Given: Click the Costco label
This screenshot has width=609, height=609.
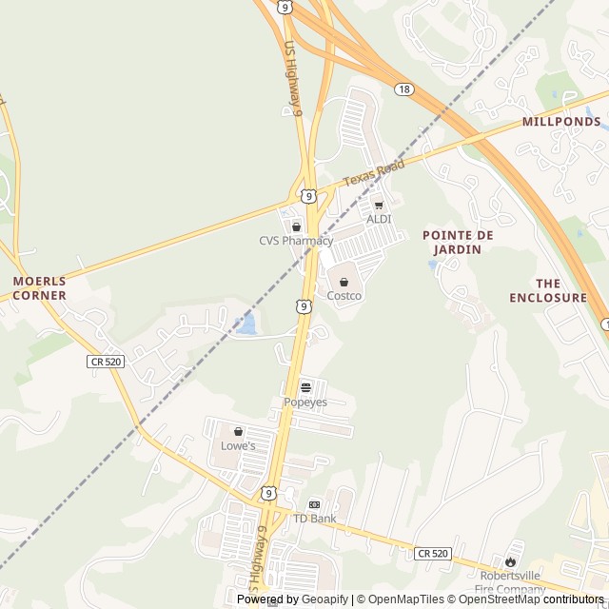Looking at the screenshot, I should coord(344,296).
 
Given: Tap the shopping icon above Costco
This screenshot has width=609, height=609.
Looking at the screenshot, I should coord(344,283).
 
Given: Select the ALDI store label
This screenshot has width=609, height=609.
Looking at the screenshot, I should coord(379,219).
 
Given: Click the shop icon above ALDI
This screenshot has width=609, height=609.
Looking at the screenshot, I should coord(379,205).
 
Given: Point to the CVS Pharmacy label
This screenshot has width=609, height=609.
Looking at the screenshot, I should coord(296,241).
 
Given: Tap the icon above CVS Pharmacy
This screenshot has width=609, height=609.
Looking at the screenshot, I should coord(296,226).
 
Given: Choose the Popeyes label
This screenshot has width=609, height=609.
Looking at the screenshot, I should coord(305,403).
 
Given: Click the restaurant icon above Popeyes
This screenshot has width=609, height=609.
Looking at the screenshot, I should coord(305,388).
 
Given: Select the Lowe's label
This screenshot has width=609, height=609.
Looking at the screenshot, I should coord(238,445).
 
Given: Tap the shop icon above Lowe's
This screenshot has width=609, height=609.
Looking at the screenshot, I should coord(238,431).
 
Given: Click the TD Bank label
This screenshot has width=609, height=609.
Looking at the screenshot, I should coord(314,519).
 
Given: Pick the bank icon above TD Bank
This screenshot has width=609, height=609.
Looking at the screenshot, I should coord(314,504).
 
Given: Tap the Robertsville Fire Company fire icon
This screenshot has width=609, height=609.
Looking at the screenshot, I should coord(512,561).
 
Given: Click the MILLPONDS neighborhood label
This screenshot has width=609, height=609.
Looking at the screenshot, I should coord(561,122).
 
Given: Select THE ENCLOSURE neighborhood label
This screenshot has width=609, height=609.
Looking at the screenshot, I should coord(548,290).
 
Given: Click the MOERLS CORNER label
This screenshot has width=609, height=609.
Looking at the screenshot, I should coord(40,288).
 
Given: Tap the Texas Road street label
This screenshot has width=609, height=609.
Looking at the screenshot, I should coord(373,173).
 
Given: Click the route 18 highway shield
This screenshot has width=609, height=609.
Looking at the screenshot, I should coord(404,88).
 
